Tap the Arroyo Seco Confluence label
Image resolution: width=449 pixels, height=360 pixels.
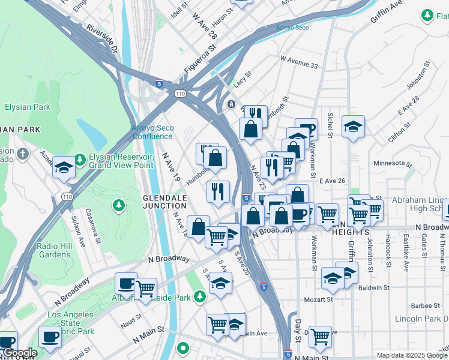152,132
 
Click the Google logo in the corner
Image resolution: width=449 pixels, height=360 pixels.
19,353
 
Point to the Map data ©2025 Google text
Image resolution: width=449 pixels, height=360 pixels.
411,355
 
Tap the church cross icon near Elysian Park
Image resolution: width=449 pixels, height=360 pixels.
23,154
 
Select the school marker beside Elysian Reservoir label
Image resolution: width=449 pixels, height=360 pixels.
64,168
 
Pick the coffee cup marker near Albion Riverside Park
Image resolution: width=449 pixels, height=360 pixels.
126,283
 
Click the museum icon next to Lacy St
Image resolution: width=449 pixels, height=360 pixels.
231,104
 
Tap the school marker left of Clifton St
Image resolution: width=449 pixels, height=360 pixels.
354,126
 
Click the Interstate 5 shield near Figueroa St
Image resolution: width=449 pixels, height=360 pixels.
159,83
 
